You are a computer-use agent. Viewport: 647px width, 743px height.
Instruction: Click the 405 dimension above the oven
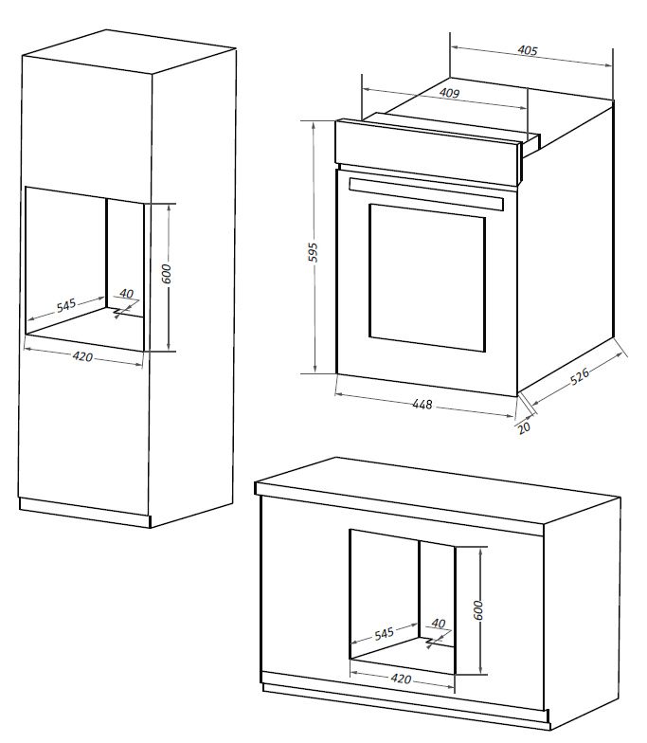click(529, 51)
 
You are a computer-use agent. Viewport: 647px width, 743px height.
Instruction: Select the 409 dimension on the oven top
click(449, 93)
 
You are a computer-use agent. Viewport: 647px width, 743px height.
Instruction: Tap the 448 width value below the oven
click(422, 405)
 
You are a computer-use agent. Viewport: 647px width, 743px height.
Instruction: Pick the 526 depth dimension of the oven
click(580, 376)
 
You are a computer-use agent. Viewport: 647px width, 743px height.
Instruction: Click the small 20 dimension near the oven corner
click(524, 427)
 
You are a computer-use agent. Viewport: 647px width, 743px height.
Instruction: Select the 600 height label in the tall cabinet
click(167, 274)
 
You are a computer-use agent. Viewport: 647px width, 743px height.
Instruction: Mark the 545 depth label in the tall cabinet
click(65, 306)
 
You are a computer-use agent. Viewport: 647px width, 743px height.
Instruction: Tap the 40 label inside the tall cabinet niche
click(126, 294)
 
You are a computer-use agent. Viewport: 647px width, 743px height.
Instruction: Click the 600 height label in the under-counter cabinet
click(479, 609)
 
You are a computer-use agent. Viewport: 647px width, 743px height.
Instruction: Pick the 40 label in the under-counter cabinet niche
click(438, 623)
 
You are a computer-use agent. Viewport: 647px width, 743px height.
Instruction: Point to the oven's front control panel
click(426, 142)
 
